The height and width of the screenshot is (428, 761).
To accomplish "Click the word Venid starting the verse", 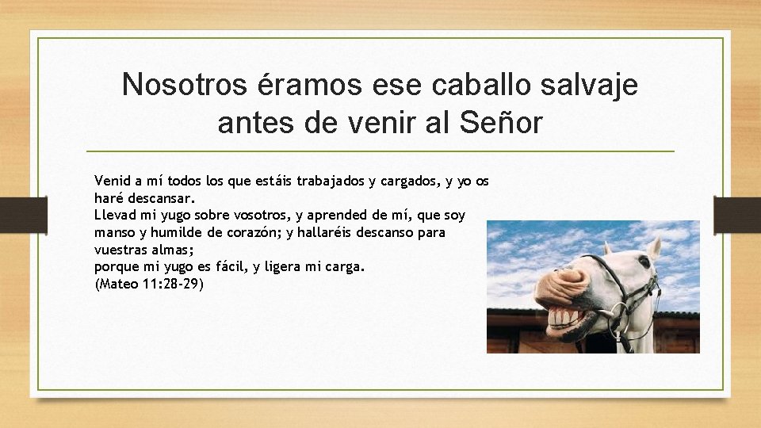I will coord(112,181).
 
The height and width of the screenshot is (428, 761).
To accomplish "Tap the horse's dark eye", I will coord(644,261).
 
